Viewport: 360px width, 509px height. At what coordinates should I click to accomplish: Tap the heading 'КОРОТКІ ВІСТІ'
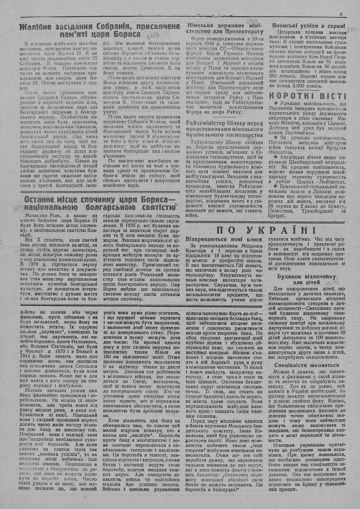coord(308,96)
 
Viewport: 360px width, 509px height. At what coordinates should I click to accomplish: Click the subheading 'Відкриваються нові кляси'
coord(219,239)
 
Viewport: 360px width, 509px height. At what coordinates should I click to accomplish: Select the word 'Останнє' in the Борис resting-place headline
coord(39,200)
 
